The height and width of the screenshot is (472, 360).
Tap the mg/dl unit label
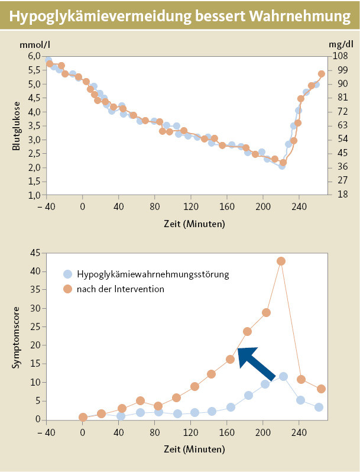(x=338, y=44)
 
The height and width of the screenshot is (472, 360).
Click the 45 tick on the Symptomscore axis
(x=34, y=253)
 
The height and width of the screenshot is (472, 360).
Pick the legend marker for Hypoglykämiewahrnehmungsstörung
(x=67, y=274)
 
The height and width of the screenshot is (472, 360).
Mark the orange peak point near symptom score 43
(x=281, y=261)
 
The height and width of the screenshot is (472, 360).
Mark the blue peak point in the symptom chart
(x=283, y=376)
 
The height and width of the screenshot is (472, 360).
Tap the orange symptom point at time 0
(x=83, y=417)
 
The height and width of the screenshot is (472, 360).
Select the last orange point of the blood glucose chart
(x=322, y=74)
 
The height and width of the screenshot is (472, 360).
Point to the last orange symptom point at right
(x=321, y=389)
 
